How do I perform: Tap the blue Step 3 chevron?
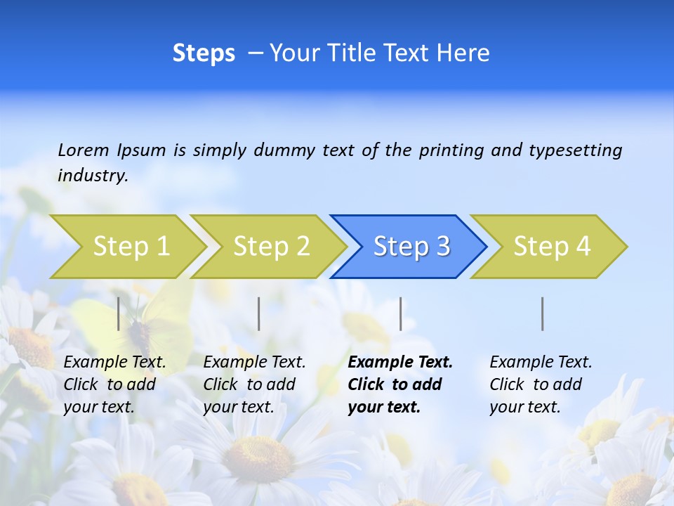(411, 247)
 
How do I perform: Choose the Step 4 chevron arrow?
(552, 247)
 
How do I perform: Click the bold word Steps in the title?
(204, 53)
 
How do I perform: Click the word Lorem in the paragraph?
(84, 150)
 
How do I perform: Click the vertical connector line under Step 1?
(119, 313)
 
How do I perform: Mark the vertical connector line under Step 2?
(259, 313)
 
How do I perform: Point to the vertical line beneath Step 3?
(401, 313)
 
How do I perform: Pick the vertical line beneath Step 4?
(543, 313)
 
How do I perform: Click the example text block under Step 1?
(114, 384)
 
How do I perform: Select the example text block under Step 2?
(254, 384)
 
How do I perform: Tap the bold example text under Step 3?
(400, 384)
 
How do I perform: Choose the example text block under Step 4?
(541, 384)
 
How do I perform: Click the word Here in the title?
(463, 53)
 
